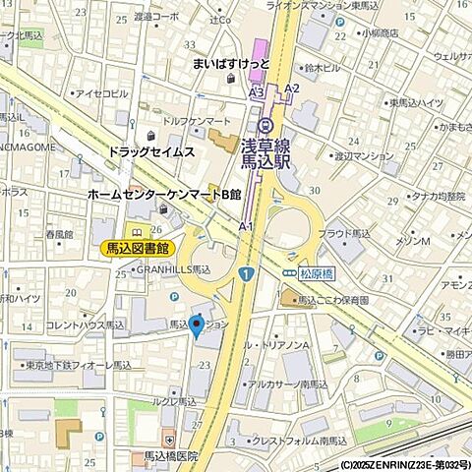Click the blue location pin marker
pos(196,324)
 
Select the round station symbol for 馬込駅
pos(265,124)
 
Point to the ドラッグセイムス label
pos(151,152)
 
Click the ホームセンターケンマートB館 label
pos(164,195)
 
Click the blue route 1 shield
pos(245,271)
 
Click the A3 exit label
pos(256,90)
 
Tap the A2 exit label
pos(291,88)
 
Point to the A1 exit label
pos(246,226)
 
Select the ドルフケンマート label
pos(197,120)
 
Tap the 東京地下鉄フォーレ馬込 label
pos(79,365)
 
